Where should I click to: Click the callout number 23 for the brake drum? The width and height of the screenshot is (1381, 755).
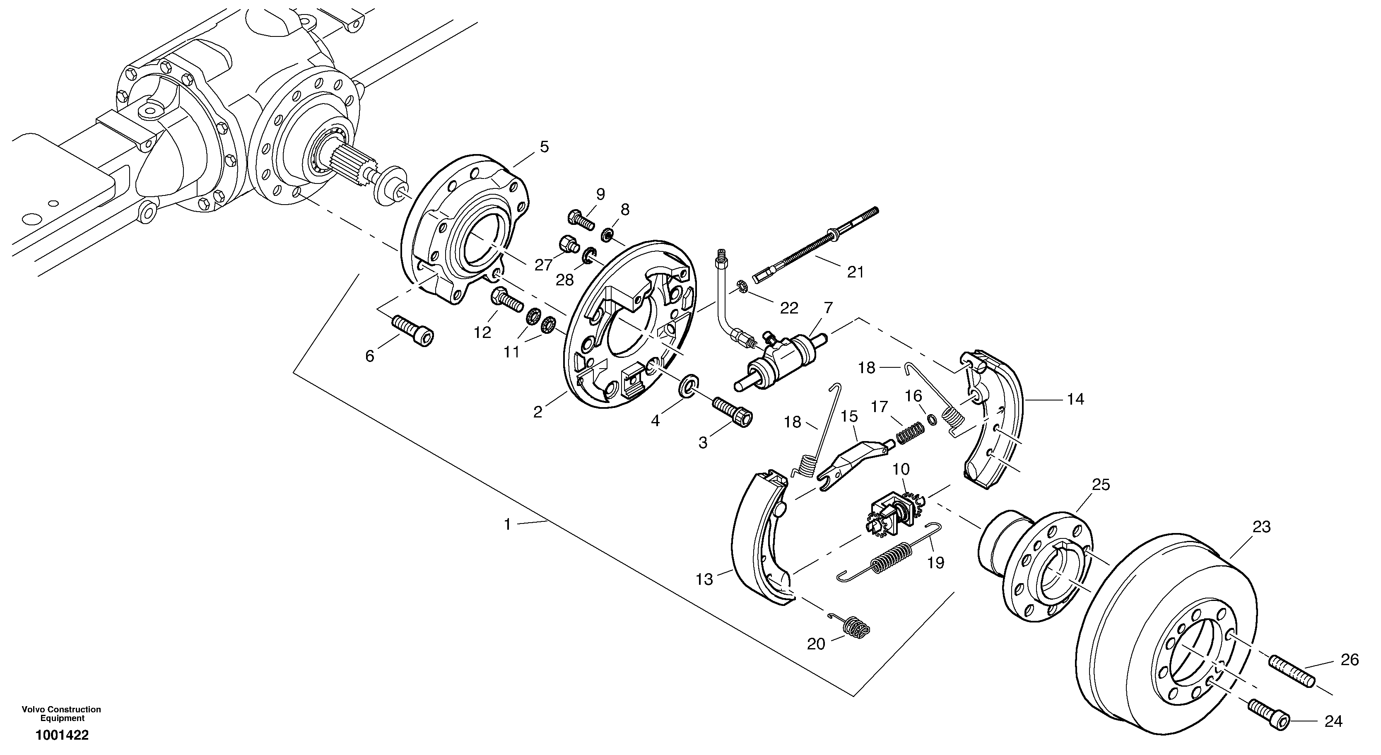pyautogui.click(x=1260, y=527)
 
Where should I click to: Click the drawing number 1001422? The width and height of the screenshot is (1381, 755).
pyautogui.click(x=62, y=735)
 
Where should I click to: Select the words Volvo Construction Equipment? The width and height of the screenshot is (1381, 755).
pyautogui.click(x=62, y=714)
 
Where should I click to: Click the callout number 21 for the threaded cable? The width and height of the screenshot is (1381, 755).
pyautogui.click(x=855, y=273)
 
